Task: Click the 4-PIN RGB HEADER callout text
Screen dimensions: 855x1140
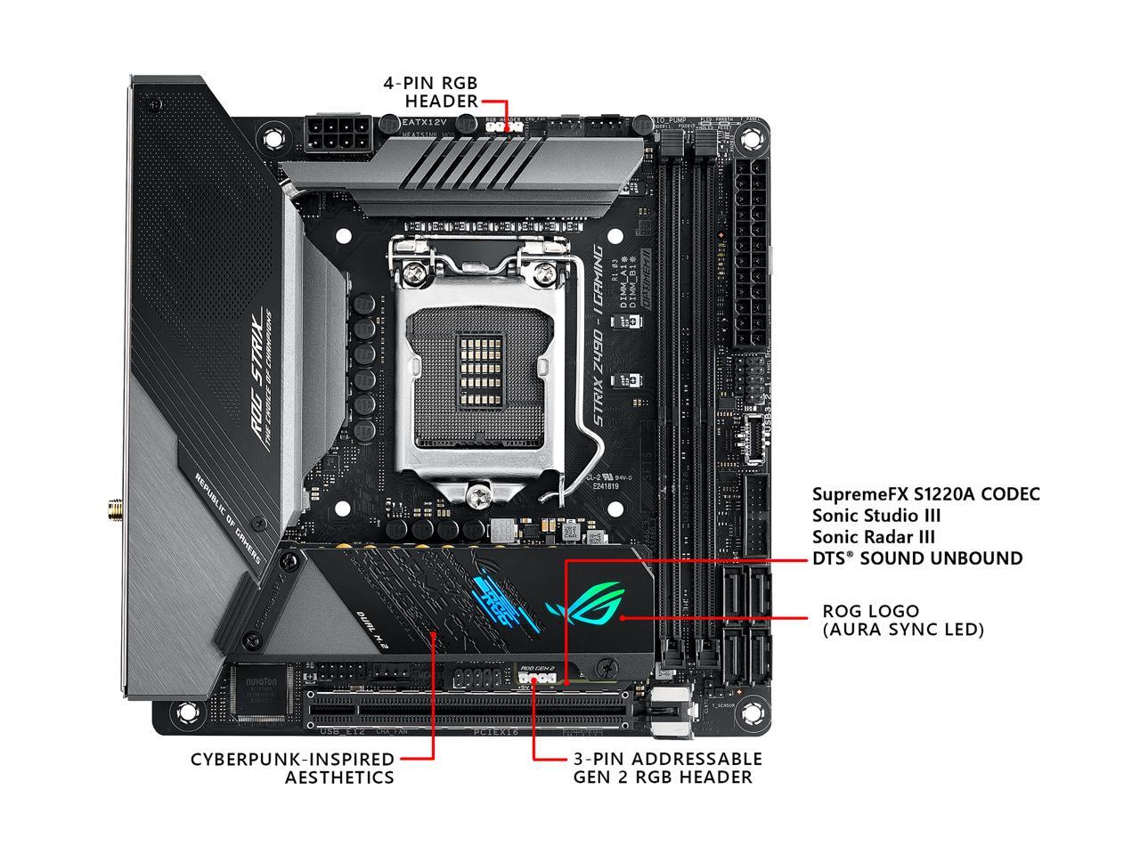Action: [x=430, y=92]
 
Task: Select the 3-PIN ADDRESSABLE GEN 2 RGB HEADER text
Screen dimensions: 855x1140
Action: [x=666, y=768]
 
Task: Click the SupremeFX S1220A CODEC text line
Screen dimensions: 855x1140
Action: [x=925, y=493]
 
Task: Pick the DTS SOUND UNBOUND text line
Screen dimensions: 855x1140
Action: [x=917, y=558]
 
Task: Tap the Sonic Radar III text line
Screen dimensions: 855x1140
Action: [x=874, y=537]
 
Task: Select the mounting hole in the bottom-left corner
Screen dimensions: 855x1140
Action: [x=188, y=712]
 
